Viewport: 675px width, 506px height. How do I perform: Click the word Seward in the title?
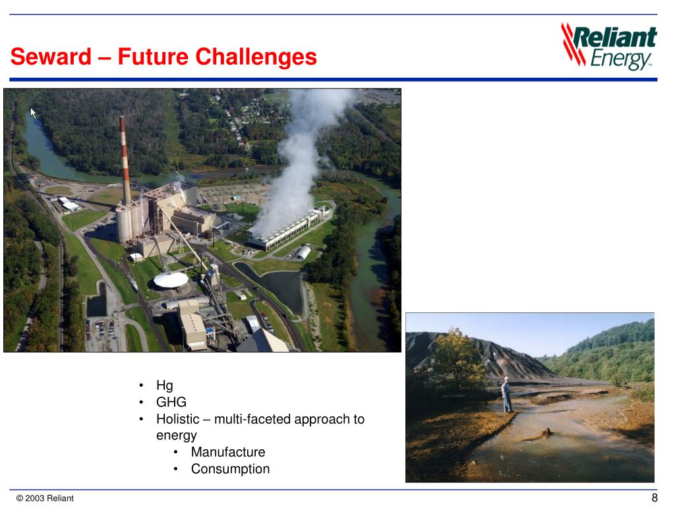[x=51, y=57]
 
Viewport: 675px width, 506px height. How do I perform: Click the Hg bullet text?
[x=164, y=385]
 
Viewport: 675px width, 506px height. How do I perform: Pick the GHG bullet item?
[x=171, y=402]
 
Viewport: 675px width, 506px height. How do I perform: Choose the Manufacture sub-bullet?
[x=227, y=452]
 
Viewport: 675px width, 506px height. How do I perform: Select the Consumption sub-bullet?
[x=230, y=469]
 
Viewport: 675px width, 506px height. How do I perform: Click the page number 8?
[x=654, y=497]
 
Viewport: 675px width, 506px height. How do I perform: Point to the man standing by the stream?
[x=506, y=395]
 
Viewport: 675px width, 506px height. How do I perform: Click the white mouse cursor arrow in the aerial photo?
[x=33, y=112]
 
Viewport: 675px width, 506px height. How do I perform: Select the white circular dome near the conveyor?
[x=170, y=280]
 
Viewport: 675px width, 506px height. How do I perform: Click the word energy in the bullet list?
[x=176, y=436]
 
